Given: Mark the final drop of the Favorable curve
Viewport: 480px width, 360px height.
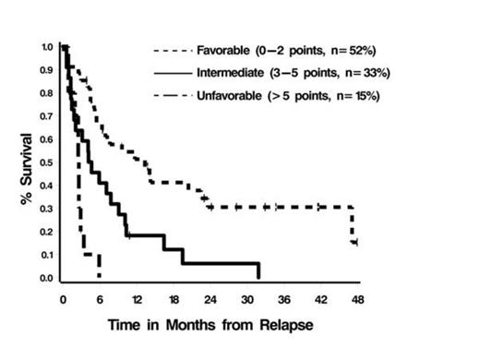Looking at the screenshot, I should click(353, 225).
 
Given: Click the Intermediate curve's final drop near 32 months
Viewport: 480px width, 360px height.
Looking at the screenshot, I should click(258, 270).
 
